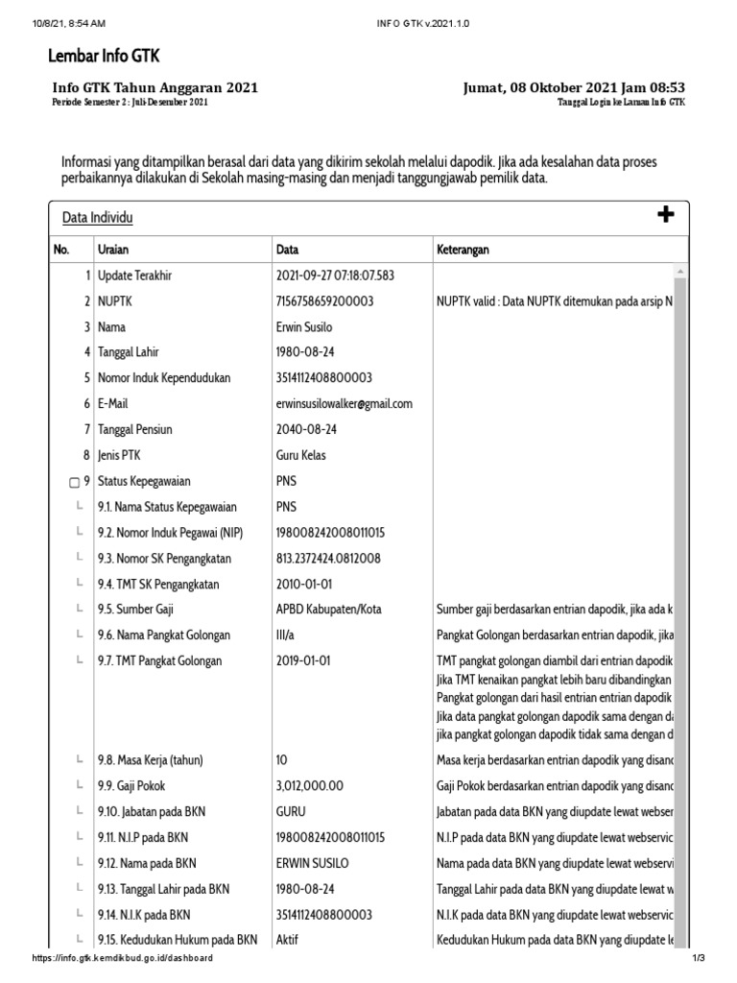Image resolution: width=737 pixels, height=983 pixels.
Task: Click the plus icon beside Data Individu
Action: pos(666,215)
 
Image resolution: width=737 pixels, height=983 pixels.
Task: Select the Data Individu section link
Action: pos(98,218)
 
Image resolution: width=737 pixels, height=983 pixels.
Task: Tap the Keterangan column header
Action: pos(464,250)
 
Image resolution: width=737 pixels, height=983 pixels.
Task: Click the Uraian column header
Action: pos(114,250)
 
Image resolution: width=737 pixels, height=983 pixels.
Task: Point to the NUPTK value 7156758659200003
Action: pos(324,301)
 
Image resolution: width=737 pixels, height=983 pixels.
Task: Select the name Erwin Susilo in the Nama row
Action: pos(304,327)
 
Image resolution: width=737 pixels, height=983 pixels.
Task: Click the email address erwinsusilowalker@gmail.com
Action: pos(344,404)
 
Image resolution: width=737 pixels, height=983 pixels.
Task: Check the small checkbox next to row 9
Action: pos(75,482)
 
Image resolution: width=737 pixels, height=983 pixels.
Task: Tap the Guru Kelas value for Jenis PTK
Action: pos(301,455)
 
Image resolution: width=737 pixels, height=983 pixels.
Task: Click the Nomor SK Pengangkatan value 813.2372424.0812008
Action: pos(328,559)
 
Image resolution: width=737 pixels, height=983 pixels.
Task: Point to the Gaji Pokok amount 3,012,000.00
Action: pos(309,785)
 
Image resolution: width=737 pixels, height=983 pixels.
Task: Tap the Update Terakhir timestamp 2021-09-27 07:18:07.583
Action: pos(335,276)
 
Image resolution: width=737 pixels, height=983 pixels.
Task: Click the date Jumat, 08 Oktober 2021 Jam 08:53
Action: pos(574,88)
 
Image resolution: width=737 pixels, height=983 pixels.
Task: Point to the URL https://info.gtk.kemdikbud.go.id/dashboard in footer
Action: pos(122,959)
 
